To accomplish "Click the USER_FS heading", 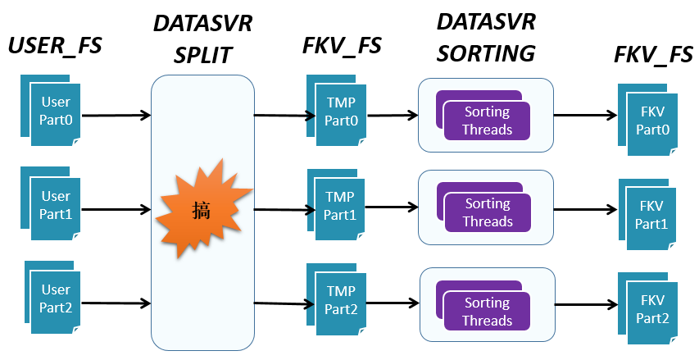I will point(55,45).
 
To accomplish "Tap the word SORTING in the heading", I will point(486,53).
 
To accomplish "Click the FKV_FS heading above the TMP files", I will point(342,45).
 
